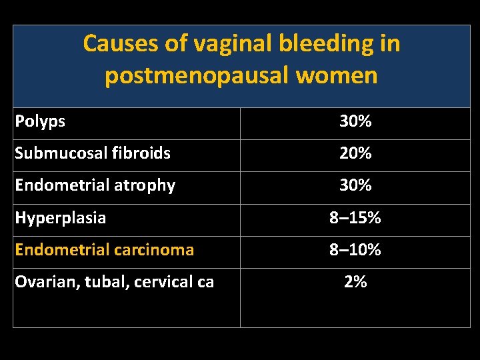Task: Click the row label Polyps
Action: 40,121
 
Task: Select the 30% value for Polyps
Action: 355,121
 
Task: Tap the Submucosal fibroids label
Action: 93,153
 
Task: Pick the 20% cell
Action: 355,153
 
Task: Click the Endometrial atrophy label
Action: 95,185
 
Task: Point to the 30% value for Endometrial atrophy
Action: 355,185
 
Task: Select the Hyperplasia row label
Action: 60,217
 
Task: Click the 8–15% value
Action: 355,217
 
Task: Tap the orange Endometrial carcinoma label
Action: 104,250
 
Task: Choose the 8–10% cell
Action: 355,250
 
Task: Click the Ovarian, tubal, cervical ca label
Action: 114,282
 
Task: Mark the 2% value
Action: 355,282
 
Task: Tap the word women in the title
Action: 345,75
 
